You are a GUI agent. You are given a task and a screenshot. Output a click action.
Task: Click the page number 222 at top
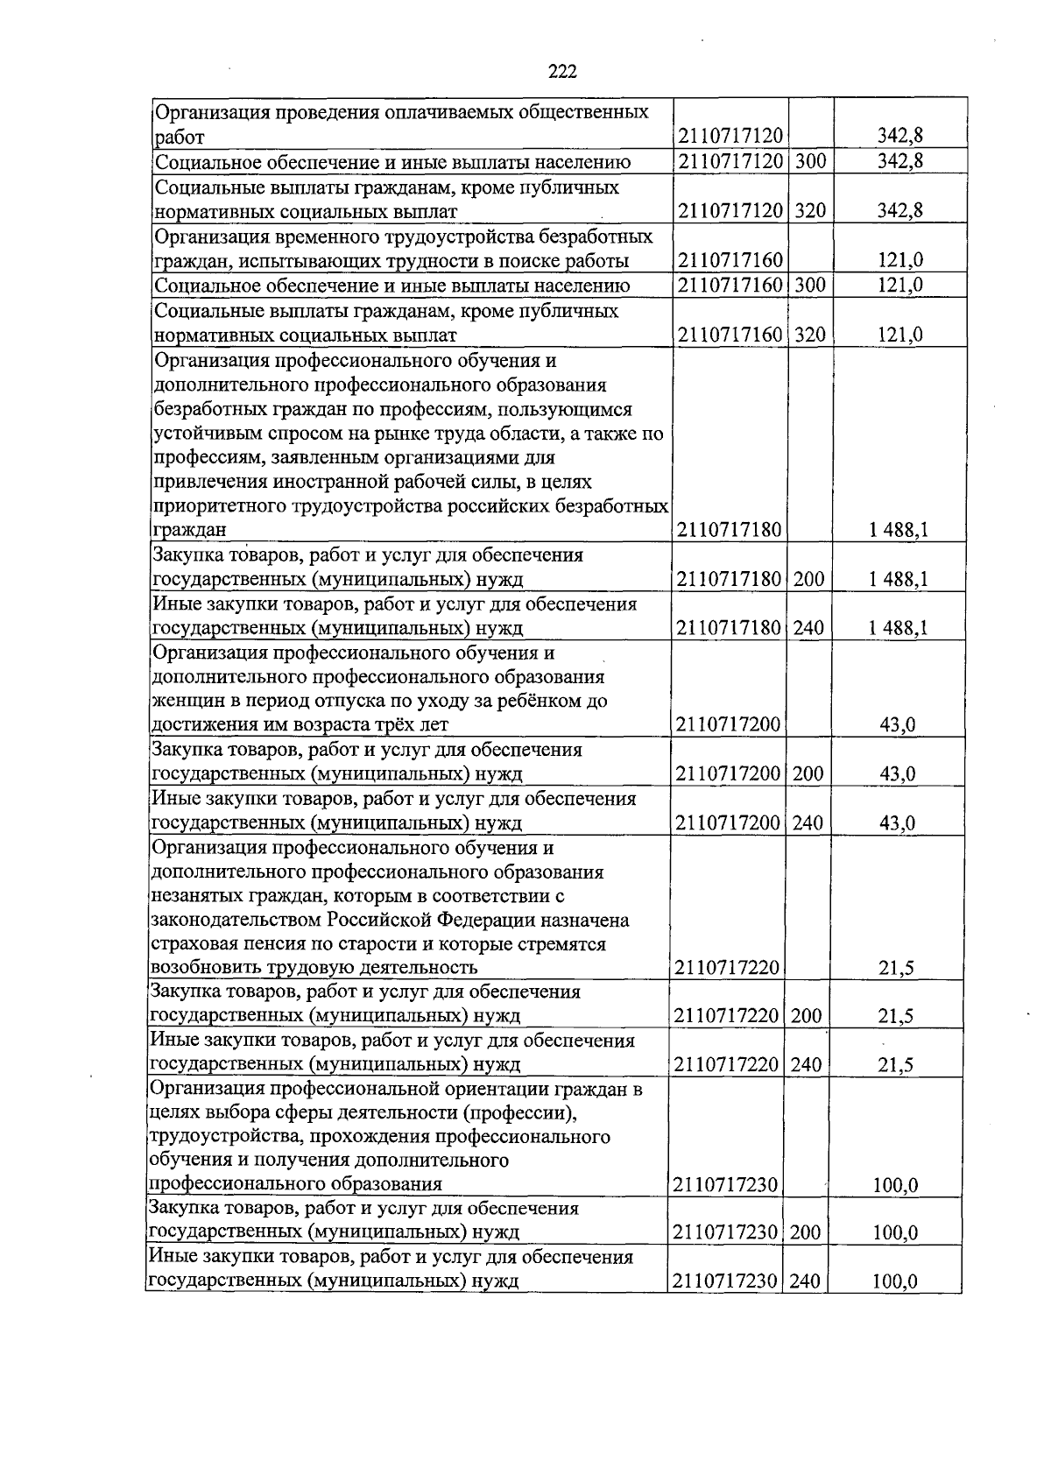tap(562, 72)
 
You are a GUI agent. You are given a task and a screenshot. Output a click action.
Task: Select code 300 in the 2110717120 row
tap(810, 161)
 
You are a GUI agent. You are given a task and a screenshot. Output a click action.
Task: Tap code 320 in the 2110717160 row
tap(810, 335)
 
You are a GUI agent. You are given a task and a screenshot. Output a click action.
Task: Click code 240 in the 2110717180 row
tap(808, 627)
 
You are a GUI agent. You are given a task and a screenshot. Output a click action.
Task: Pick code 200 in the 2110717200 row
tap(808, 773)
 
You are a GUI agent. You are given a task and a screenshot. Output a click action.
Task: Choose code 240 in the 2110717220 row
tap(807, 1064)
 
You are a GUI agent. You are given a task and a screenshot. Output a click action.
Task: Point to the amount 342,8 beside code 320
tap(900, 211)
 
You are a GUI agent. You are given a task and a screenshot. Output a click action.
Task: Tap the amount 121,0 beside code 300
tap(900, 286)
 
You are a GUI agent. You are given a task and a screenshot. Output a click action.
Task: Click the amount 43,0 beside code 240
tap(898, 822)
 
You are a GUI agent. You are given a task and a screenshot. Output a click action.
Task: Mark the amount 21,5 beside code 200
tap(896, 1016)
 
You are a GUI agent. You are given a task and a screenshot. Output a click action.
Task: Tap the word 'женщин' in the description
tap(181, 702)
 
